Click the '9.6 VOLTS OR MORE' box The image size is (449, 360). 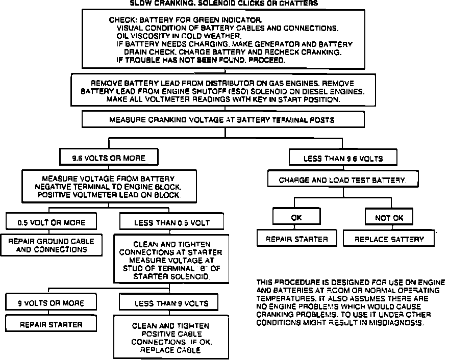point(108,158)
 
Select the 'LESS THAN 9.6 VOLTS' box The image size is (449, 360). point(343,158)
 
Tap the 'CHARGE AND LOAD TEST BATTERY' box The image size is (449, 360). point(343,180)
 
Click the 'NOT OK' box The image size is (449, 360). point(389,218)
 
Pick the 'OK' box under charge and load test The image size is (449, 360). point(296,218)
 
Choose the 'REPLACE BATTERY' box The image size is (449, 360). point(389,239)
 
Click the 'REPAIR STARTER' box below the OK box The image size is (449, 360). point(296,239)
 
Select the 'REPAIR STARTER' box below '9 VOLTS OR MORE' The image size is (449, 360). point(51,324)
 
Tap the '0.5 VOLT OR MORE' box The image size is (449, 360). point(51,222)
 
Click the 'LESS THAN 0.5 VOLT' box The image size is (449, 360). point(171,222)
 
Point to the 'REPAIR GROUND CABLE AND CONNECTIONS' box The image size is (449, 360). point(51,246)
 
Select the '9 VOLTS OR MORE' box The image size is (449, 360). point(51,303)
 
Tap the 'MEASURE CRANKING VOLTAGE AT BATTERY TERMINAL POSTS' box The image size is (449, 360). point(223,120)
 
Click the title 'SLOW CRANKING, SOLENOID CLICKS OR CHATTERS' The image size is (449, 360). point(224,3)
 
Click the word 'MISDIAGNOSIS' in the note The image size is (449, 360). point(400,322)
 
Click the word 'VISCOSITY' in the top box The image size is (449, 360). point(148,36)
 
